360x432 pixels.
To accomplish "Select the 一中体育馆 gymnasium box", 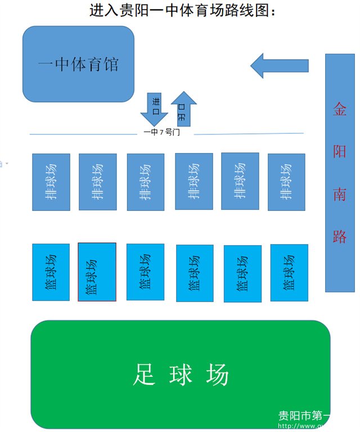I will [x=78, y=64].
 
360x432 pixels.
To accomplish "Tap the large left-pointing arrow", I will [x=279, y=65].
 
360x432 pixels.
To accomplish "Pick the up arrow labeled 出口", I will [x=183, y=109].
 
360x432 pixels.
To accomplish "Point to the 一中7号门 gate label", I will [x=161, y=132].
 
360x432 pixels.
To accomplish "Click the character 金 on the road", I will [x=340, y=109].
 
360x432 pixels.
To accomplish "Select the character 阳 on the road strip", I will [x=340, y=151].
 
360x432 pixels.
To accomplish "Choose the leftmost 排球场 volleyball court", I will [x=51, y=182].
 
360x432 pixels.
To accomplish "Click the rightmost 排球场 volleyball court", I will [x=286, y=182].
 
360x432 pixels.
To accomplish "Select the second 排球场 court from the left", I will [x=98, y=182].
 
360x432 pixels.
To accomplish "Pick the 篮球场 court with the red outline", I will [x=97, y=272].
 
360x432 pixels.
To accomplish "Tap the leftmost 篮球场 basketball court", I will [x=51, y=272].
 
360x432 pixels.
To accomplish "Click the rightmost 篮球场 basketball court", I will [x=289, y=272].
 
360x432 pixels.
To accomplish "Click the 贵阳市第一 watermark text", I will [x=304, y=416].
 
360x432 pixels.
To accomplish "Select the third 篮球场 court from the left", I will [x=145, y=272].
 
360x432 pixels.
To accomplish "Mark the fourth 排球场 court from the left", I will [x=194, y=181].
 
